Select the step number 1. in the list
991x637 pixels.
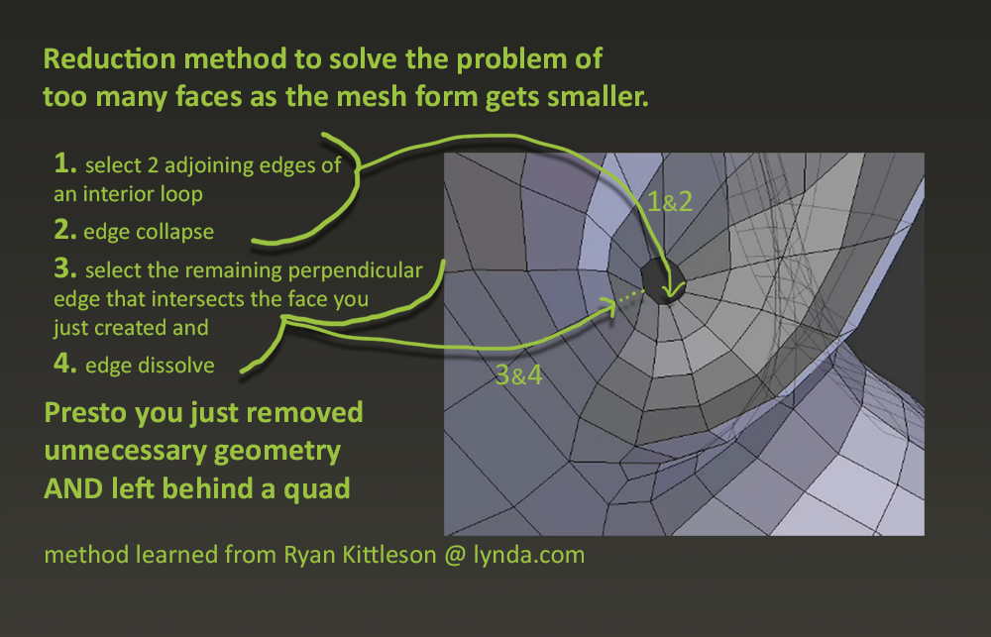(x=65, y=163)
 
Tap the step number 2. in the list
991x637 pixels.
(x=65, y=230)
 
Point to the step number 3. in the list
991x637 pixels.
(x=65, y=268)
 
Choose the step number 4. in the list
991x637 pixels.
(x=65, y=364)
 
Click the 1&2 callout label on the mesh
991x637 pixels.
(x=669, y=202)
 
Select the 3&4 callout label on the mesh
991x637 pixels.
(x=519, y=375)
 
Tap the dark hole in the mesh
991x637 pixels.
(x=662, y=282)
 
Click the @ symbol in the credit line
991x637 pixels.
(x=455, y=556)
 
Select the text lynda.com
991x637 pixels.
(x=529, y=555)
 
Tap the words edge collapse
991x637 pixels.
(x=149, y=232)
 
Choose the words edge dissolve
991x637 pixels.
(x=150, y=366)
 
